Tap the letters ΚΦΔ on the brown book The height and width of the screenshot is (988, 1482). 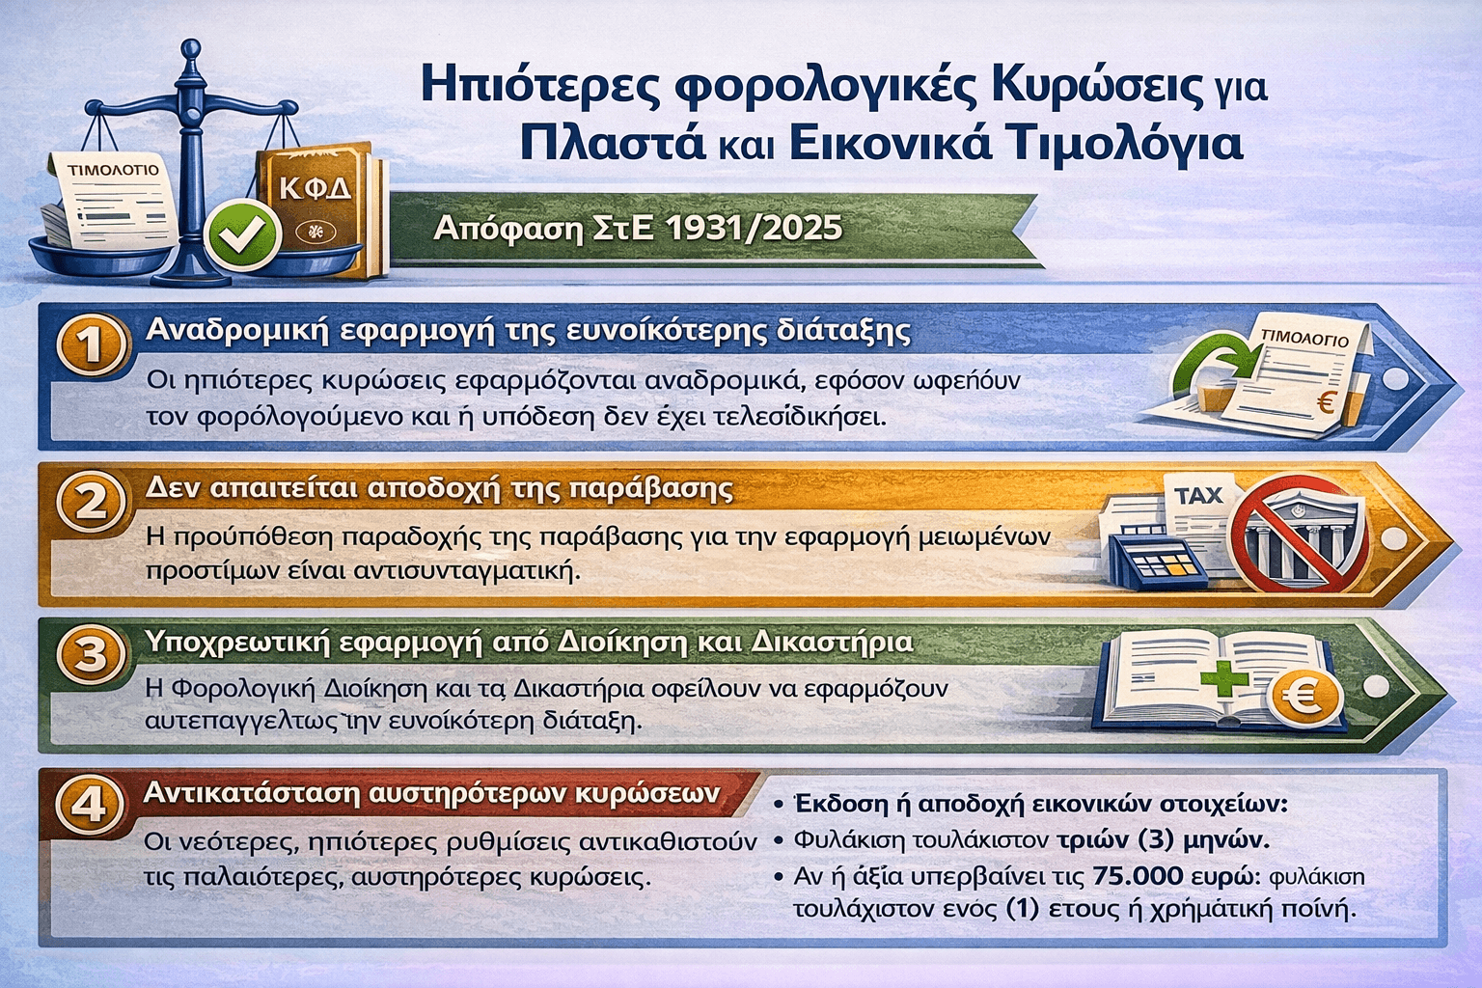[x=315, y=189]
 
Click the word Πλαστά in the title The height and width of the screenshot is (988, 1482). [x=613, y=146]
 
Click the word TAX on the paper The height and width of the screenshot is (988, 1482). [x=1197, y=495]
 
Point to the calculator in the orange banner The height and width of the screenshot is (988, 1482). [x=1158, y=562]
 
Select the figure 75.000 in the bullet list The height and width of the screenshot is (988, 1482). [x=1134, y=876]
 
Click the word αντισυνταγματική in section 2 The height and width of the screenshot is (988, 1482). [x=466, y=570]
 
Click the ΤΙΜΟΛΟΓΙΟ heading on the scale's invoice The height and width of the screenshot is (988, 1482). [x=113, y=170]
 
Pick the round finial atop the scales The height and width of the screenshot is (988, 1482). [x=191, y=49]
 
